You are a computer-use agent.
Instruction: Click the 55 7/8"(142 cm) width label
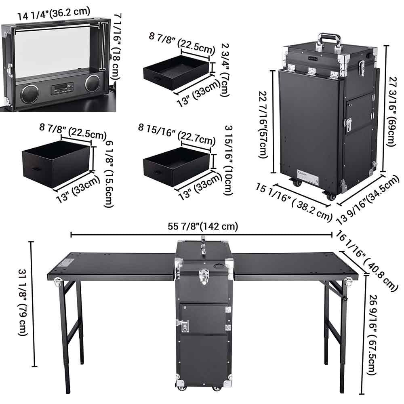point(203,226)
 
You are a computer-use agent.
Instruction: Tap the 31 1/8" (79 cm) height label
point(23,302)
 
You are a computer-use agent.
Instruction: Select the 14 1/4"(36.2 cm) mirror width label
point(54,13)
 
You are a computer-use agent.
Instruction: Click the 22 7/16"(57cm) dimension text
point(263,124)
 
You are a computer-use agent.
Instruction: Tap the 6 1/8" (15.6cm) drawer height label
point(109,174)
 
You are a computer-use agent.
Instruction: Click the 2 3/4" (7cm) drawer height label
point(225,69)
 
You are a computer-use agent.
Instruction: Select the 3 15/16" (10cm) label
point(229,160)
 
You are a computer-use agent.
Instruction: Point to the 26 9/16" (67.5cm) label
point(372,335)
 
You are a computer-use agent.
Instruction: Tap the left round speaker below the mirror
point(29,94)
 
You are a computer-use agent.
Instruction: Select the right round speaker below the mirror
point(92,83)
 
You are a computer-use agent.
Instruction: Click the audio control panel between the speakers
point(62,88)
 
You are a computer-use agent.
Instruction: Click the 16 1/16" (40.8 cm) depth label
point(366,260)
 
